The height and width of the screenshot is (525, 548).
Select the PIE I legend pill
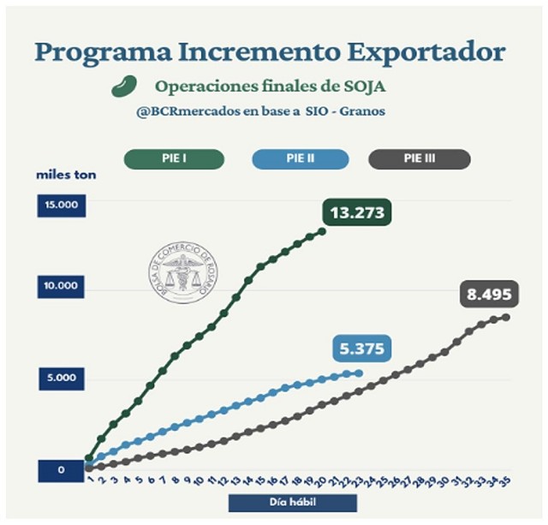tap(174, 158)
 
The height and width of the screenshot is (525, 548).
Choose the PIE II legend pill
tap(301, 158)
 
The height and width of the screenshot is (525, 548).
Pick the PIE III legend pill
tap(420, 158)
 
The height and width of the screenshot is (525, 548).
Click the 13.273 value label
tap(357, 212)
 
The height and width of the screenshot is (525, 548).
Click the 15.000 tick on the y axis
tap(61, 206)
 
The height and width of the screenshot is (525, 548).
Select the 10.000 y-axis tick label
tap(61, 286)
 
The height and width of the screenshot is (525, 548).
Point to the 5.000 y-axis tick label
tap(61, 378)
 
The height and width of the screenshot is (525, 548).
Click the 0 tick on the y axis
tap(61, 470)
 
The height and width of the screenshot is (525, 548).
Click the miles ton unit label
tap(66, 176)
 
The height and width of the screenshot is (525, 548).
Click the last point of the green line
tap(322, 230)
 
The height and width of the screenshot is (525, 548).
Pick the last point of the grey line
tap(506, 318)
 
